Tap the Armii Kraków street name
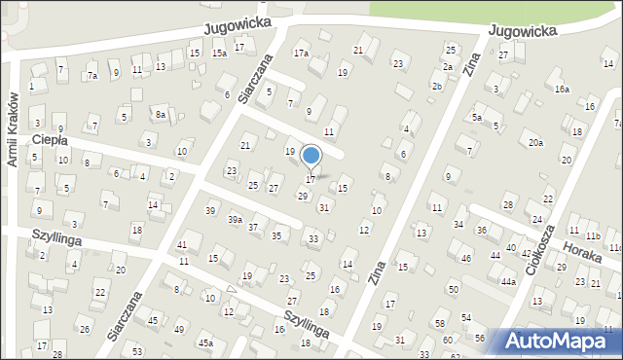pyautogui.click(x=14, y=129)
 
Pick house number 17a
pyautogui.click(x=301, y=53)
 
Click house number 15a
pyautogui.click(x=220, y=54)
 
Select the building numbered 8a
pyautogui.click(x=161, y=115)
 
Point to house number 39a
pyautogui.click(x=235, y=220)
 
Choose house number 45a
pyautogui.click(x=205, y=343)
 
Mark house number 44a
pyautogui.click(x=508, y=281)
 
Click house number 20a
pyautogui.click(x=535, y=143)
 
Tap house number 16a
pyautogui.click(x=562, y=89)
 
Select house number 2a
pyautogui.click(x=448, y=66)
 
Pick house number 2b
pyautogui.click(x=437, y=87)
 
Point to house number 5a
pyautogui.click(x=477, y=118)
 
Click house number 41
pyautogui.click(x=182, y=244)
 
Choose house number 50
pyautogui.click(x=454, y=289)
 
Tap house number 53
pyautogui.click(x=137, y=350)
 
